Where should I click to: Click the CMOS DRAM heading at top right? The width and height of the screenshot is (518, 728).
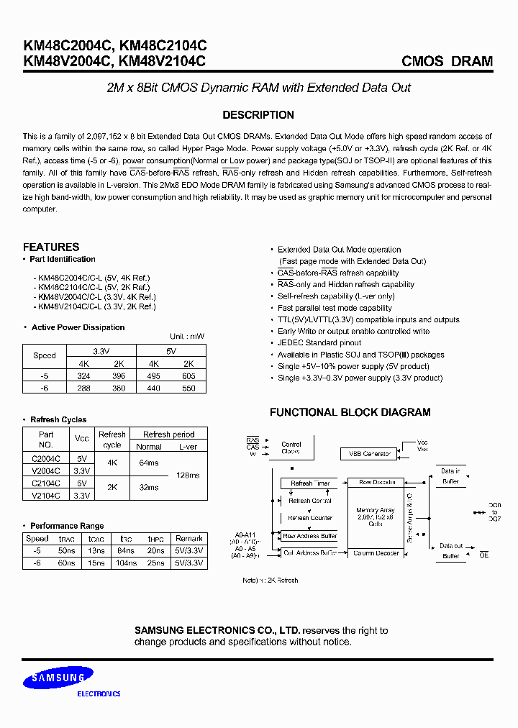[447, 61]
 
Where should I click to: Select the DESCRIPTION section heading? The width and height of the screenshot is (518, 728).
[258, 115]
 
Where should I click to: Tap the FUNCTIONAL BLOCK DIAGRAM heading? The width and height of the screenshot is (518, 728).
[350, 412]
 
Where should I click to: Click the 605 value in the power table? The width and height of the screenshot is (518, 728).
[189, 376]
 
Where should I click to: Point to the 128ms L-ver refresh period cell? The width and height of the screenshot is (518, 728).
[187, 476]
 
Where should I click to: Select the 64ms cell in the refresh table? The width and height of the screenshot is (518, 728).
[149, 463]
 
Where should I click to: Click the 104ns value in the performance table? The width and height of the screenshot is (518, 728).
[126, 563]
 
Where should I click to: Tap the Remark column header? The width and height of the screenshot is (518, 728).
[188, 538]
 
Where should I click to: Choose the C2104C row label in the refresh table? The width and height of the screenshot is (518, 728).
[46, 483]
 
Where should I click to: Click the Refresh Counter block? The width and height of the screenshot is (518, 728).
[310, 518]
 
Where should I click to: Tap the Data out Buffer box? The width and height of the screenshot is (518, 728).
[450, 551]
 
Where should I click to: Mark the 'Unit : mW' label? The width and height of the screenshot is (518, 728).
[187, 337]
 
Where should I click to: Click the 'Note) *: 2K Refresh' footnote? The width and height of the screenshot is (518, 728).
[270, 580]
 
